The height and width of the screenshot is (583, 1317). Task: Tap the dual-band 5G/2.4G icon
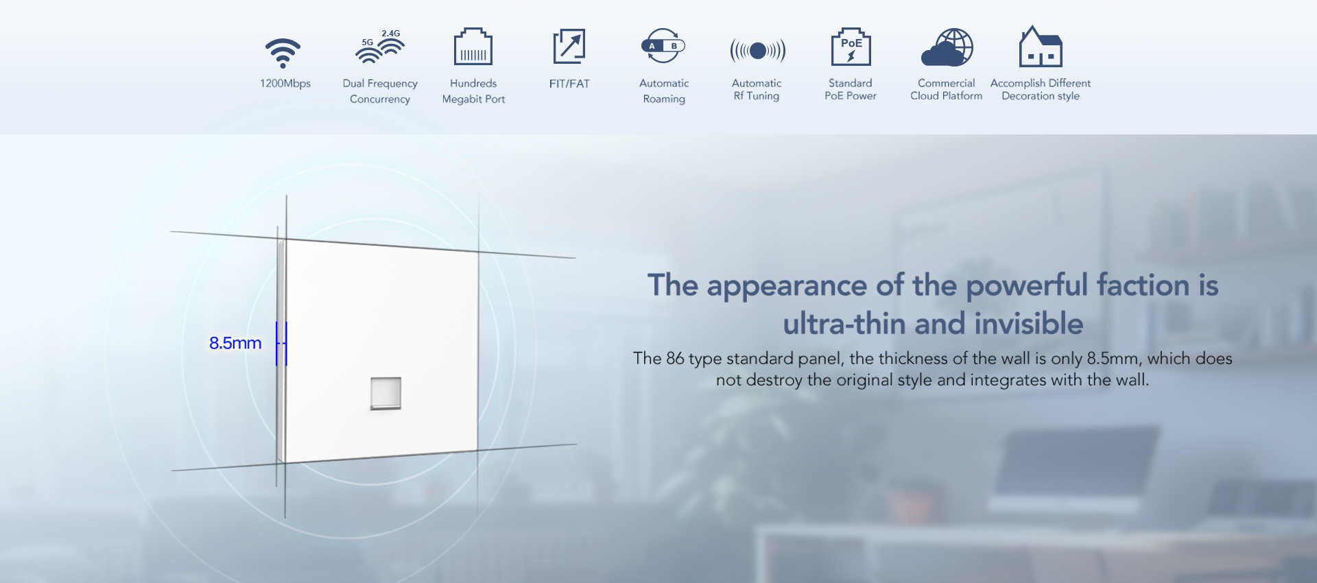tap(380, 47)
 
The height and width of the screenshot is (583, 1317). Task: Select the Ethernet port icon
tap(473, 47)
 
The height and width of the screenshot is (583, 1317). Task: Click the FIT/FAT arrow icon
tap(569, 46)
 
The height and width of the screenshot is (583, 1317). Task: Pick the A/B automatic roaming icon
tap(663, 46)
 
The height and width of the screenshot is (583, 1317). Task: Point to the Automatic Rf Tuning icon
tap(758, 50)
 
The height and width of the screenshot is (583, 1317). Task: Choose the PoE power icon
tap(851, 47)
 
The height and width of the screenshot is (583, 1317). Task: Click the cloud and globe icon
tap(947, 47)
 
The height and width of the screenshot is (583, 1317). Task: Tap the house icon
tap(1041, 46)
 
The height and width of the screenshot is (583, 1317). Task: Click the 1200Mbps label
tap(285, 84)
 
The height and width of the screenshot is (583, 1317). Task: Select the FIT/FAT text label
tap(569, 84)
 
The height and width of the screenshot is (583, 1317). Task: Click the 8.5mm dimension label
tap(235, 343)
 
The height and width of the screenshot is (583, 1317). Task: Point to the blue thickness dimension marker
tap(281, 344)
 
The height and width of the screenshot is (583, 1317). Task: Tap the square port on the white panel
tap(385, 393)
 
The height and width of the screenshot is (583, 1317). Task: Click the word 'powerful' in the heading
tap(1027, 285)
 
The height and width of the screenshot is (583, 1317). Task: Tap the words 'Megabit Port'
tap(473, 99)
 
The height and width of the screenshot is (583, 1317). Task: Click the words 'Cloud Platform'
tap(947, 96)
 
